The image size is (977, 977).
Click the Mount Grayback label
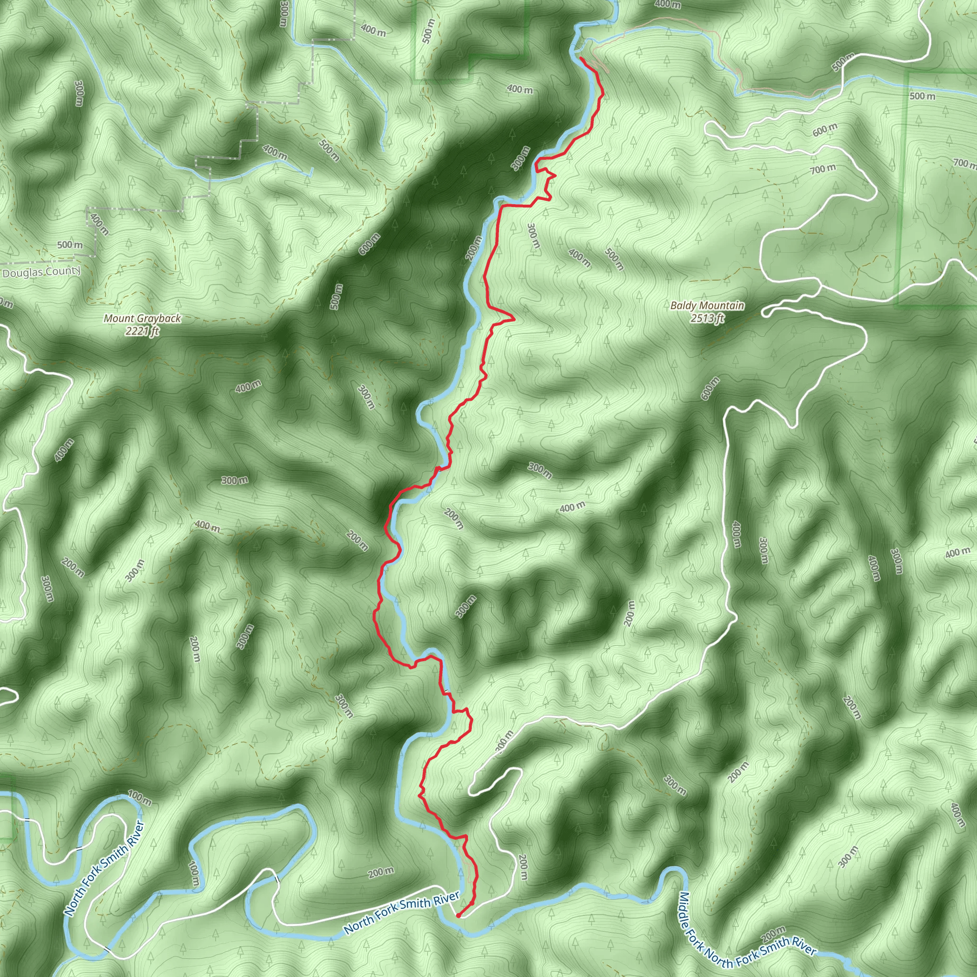[142, 319]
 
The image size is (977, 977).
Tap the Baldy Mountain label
[707, 305]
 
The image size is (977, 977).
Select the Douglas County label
[42, 272]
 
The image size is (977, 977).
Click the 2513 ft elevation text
[707, 318]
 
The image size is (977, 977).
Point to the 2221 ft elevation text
[142, 331]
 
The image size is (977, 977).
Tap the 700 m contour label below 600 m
[823, 169]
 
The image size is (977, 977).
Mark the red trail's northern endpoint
[581, 59]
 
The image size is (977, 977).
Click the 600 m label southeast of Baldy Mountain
[710, 388]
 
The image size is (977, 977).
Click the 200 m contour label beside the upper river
[474, 248]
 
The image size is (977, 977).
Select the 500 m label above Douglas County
[70, 245]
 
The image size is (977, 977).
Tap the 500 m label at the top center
[428, 31]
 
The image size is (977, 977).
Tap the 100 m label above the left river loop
[139, 798]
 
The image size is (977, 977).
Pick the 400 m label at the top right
[667, 4]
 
